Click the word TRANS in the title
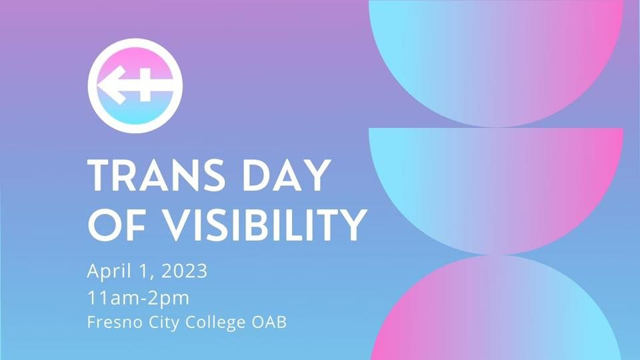156,175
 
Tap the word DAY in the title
287,175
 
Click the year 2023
185,271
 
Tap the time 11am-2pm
139,299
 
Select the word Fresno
115,323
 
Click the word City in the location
164,323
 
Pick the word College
215,323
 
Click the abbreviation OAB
269,323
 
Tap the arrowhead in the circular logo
111,85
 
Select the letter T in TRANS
99,175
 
